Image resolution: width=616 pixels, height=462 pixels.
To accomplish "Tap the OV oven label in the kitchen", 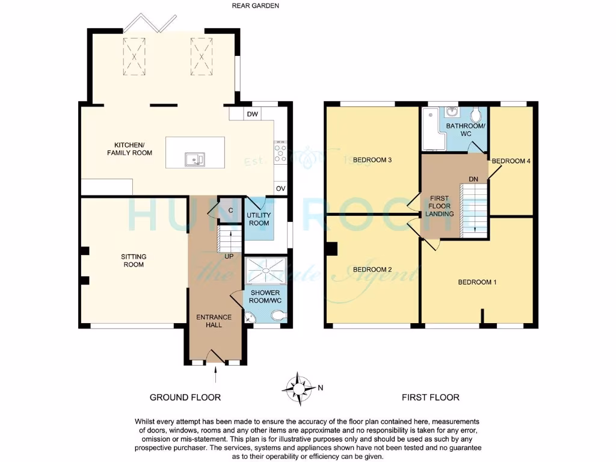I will (280, 189).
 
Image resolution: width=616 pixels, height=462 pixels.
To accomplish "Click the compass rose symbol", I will (299, 388).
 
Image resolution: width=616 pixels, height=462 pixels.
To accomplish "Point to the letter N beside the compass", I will (320, 388).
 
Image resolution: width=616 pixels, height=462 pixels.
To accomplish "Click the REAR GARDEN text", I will (256, 6).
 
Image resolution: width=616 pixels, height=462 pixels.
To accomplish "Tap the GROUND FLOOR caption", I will (185, 397).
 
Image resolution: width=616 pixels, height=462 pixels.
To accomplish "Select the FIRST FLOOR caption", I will (430, 397).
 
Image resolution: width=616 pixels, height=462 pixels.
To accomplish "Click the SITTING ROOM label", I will (134, 260).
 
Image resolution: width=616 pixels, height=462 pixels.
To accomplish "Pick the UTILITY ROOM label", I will (259, 219).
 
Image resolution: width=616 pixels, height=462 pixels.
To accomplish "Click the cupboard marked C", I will (231, 210).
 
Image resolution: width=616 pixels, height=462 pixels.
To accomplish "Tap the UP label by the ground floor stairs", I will (229, 256).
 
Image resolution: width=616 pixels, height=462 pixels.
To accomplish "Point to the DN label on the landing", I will (473, 179).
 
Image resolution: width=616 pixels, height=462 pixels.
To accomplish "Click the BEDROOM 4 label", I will (511, 161).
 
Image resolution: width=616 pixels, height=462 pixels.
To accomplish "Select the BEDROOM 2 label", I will (372, 269).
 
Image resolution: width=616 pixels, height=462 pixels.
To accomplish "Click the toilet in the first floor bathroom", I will (477, 114).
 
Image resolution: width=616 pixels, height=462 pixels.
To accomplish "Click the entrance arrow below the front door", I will (215, 376).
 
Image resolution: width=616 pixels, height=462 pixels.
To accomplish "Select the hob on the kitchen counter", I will (280, 152).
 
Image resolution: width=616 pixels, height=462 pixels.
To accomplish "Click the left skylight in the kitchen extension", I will (135, 54).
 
